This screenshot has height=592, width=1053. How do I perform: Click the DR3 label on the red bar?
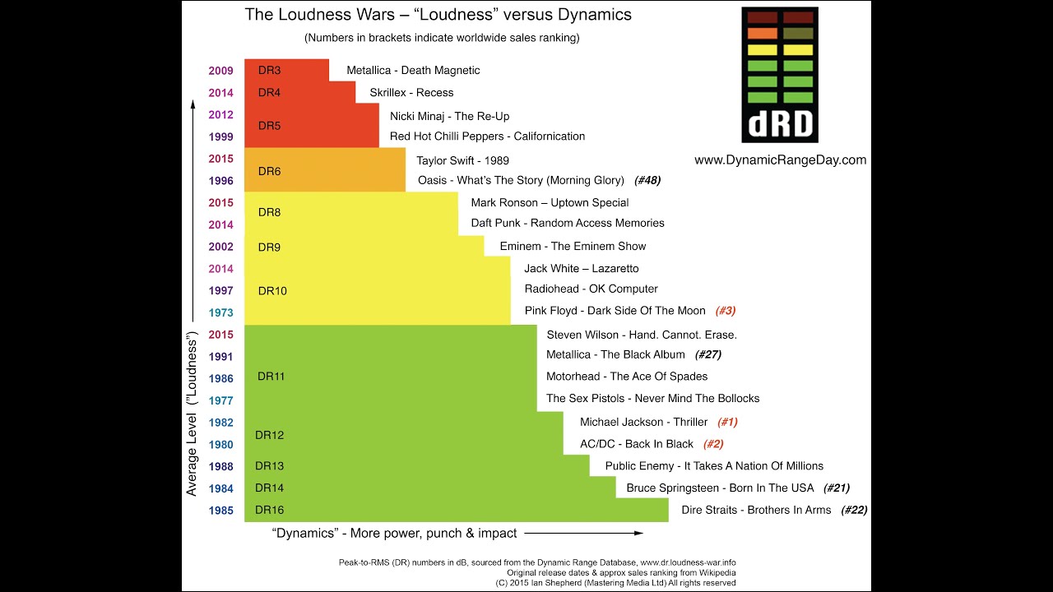[x=269, y=71]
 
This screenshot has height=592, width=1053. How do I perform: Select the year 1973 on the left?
[x=220, y=312]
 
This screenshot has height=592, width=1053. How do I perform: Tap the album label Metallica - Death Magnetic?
[x=413, y=71]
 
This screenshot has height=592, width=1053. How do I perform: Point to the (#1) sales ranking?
[x=727, y=422]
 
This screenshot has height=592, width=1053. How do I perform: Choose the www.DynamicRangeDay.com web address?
[x=780, y=160]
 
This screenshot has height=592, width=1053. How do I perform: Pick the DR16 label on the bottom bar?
[x=269, y=510]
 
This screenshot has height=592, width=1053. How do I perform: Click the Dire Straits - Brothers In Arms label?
[x=756, y=510]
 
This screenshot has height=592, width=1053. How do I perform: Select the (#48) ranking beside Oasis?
[x=647, y=180]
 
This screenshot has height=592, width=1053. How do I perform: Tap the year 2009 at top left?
[x=220, y=71]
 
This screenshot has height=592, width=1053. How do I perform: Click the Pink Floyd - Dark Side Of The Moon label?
[x=615, y=311]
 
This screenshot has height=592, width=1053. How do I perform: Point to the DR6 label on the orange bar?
[x=269, y=171]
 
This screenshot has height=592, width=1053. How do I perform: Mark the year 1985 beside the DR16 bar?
[x=220, y=511]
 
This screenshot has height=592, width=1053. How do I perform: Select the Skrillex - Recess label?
[x=411, y=93]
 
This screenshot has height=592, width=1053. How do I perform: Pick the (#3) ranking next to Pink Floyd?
[x=725, y=311]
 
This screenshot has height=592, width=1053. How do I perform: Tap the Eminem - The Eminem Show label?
[x=573, y=246]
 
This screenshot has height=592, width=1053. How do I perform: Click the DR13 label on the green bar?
[x=269, y=466]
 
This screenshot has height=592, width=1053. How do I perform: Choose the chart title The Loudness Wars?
[x=438, y=16]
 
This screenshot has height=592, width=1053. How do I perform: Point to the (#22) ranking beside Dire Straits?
[x=854, y=510]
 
